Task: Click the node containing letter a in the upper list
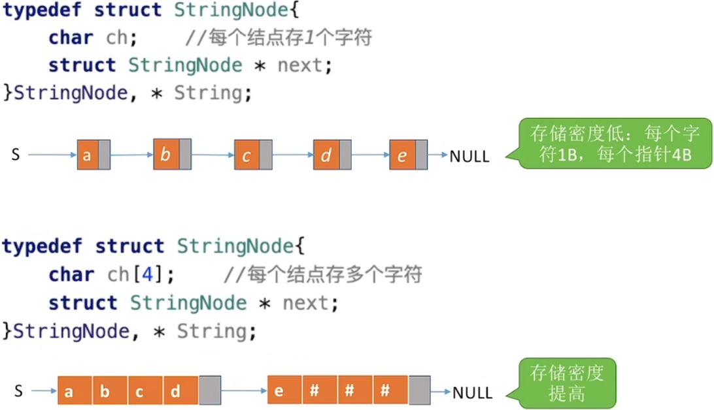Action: (x=88, y=155)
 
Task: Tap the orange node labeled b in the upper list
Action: (x=166, y=155)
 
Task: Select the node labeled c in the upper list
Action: (x=247, y=156)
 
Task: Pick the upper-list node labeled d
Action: (x=326, y=156)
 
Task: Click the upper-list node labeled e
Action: (x=402, y=155)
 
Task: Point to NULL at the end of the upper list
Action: (x=469, y=157)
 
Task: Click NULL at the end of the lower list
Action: (x=472, y=393)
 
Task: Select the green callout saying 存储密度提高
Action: (x=566, y=383)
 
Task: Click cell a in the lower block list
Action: (x=69, y=392)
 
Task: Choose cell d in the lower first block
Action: (x=175, y=392)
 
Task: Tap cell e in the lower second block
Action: (x=279, y=392)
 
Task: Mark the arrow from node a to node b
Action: (x=131, y=155)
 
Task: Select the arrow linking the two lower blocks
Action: (x=244, y=392)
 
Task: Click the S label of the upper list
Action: (x=15, y=155)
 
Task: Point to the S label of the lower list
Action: (x=18, y=392)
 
